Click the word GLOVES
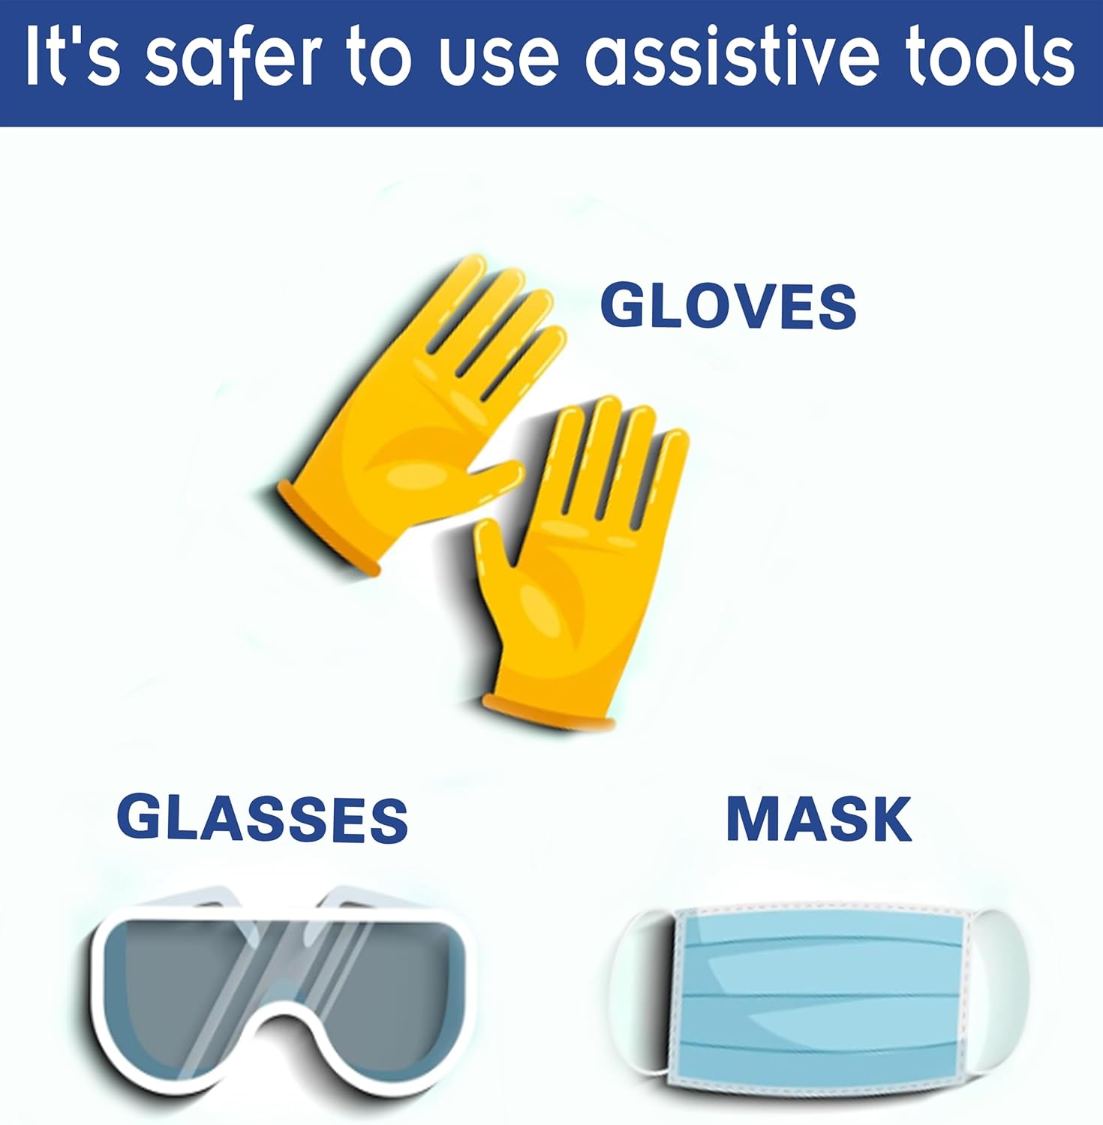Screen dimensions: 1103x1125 (729, 305)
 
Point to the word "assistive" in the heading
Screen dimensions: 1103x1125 (732, 57)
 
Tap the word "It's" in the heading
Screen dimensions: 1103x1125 (72, 57)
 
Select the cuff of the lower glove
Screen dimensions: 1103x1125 (548, 712)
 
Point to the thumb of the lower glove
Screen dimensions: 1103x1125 (495, 555)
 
